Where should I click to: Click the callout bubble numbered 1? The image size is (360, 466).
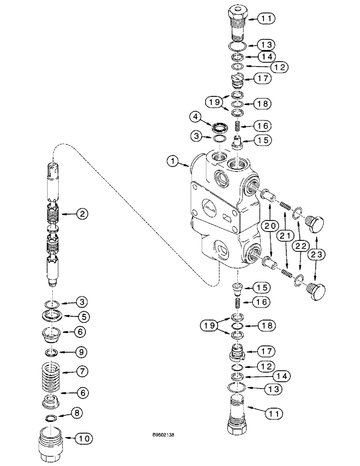[173, 162]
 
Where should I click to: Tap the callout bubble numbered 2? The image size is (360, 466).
[83, 214]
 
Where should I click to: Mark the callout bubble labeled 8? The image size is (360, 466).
[83, 413]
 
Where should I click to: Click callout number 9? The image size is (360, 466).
[83, 351]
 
